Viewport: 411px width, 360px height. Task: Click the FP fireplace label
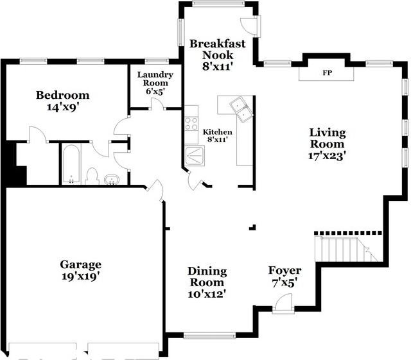(x=328, y=74)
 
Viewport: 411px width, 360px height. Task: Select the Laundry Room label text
(x=152, y=83)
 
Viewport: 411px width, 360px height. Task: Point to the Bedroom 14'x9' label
(x=62, y=101)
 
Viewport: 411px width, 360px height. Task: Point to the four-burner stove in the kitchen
(x=191, y=123)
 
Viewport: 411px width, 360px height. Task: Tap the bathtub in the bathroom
(x=71, y=164)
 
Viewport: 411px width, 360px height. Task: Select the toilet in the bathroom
(x=92, y=176)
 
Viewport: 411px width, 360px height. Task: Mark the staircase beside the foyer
(x=344, y=247)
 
